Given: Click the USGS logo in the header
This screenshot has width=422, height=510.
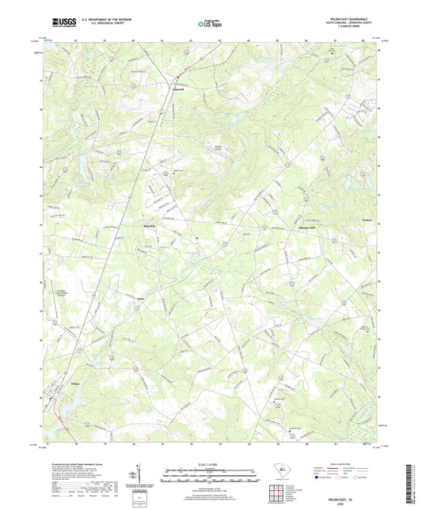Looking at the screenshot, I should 60,23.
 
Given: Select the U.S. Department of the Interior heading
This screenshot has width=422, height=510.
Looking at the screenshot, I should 106,19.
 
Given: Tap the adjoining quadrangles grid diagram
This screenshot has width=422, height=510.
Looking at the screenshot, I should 279,490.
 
